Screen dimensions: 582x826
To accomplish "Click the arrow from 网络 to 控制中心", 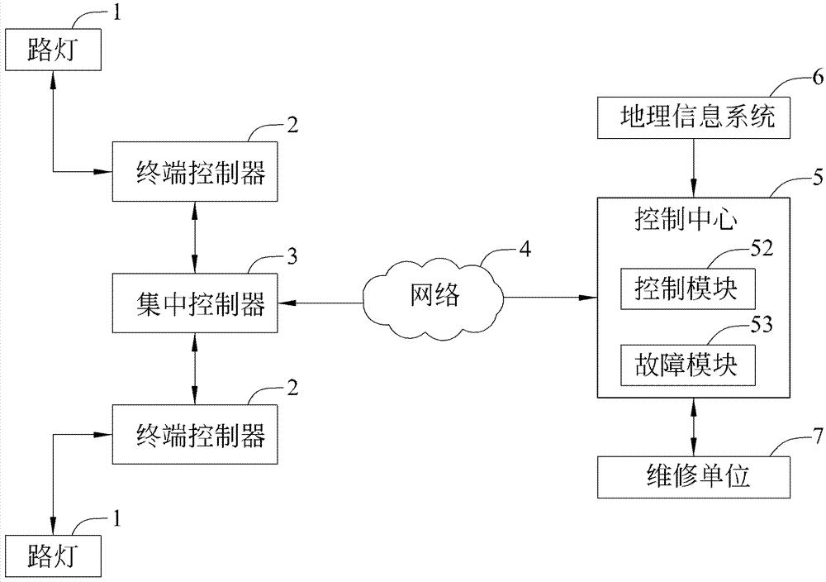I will (549, 296).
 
